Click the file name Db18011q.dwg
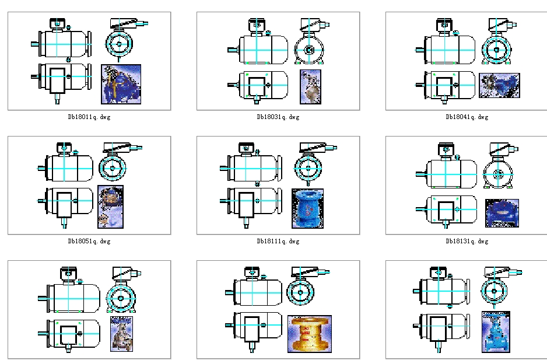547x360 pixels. [x=89, y=117]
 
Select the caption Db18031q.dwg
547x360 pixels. [x=278, y=117]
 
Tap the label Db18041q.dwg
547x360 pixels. [x=467, y=117]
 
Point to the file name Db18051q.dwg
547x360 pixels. [x=89, y=241]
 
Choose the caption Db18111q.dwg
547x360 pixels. [x=278, y=241]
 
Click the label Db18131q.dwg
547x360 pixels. [x=467, y=241]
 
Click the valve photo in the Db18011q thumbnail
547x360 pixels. [x=121, y=85]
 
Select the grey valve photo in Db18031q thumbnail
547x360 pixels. [x=311, y=86]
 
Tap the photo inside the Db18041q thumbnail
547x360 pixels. [x=499, y=85]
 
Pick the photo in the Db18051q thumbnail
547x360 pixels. [x=110, y=207]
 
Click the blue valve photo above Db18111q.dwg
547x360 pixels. [x=307, y=208]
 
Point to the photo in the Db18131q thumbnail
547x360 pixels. [x=502, y=213]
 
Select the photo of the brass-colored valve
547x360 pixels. [x=310, y=334]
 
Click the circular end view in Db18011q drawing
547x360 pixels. [x=120, y=44]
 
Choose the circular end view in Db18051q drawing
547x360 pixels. [x=113, y=167]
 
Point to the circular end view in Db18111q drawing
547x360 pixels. [x=307, y=167]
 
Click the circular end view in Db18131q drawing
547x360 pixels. [x=497, y=174]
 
